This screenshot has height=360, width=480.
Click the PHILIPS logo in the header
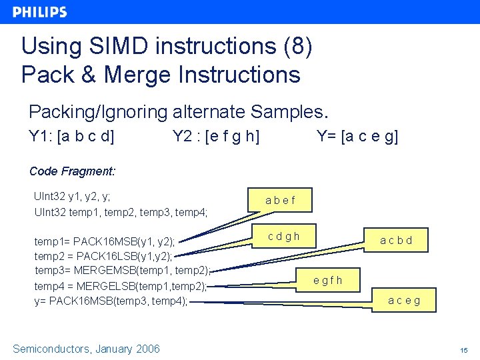pyautogui.click(x=40, y=12)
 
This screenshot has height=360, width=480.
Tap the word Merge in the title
pyautogui.click(x=143, y=74)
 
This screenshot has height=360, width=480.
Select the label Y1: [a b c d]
pyautogui.click(x=72, y=137)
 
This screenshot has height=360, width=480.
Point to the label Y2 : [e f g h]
pyautogui.click(x=216, y=137)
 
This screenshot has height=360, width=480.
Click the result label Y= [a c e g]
pyautogui.click(x=357, y=137)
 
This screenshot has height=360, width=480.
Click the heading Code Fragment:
pyautogui.click(x=73, y=171)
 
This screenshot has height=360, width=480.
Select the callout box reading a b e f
pyautogui.click(x=280, y=200)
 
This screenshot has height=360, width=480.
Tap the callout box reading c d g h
pyautogui.click(x=284, y=236)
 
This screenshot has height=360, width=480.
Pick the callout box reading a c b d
pyautogui.click(x=396, y=240)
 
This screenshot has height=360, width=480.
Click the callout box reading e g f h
pyautogui.click(x=328, y=280)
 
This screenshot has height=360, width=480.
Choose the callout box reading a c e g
pyautogui.click(x=405, y=300)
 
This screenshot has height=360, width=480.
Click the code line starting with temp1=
pyautogui.click(x=105, y=241)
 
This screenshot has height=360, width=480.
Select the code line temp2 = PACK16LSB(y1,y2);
pyautogui.click(x=103, y=256)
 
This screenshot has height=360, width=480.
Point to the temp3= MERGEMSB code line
pyautogui.click(x=122, y=271)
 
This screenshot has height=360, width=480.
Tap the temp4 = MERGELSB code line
pyautogui.click(x=121, y=286)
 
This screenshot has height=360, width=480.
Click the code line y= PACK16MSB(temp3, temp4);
pyautogui.click(x=111, y=301)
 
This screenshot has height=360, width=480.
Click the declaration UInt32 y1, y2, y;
pyautogui.click(x=72, y=197)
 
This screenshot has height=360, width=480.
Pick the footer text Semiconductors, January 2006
pyautogui.click(x=87, y=349)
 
